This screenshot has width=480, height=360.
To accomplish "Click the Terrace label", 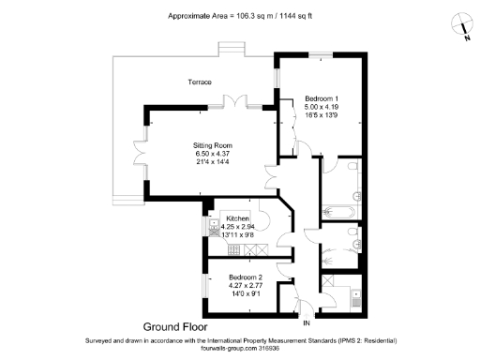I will (200, 82).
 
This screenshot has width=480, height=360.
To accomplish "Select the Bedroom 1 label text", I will (322, 98).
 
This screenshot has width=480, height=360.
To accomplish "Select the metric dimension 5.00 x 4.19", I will (322, 108).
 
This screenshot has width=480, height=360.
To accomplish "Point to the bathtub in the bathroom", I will (337, 208).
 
